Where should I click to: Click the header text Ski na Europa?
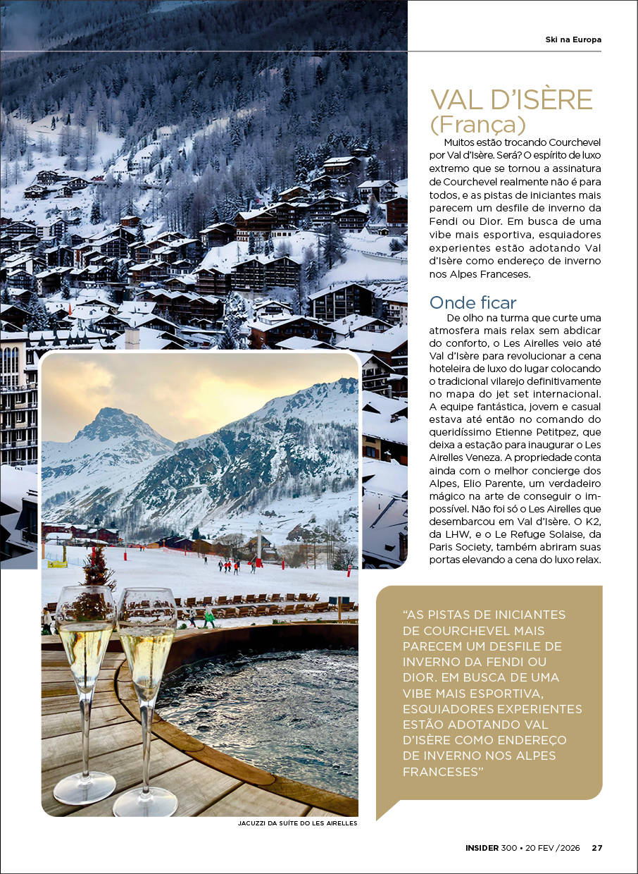click(x=573, y=39)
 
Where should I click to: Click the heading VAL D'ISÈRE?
click(x=511, y=100)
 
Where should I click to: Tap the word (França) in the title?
click(x=478, y=125)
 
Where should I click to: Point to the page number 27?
click(x=596, y=848)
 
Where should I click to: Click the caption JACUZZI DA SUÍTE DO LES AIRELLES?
click(x=298, y=823)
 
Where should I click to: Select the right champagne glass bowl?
click(x=146, y=641)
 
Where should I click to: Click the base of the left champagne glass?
click(x=85, y=787)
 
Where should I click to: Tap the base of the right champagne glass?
click(x=146, y=802)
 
